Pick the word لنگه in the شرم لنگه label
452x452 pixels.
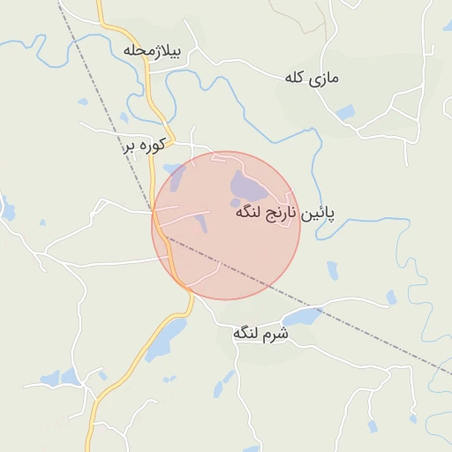(x=247, y=334)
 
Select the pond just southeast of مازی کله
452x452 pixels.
(x=344, y=112)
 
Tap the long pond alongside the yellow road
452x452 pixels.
(x=168, y=339)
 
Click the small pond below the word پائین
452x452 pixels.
(x=332, y=270)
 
